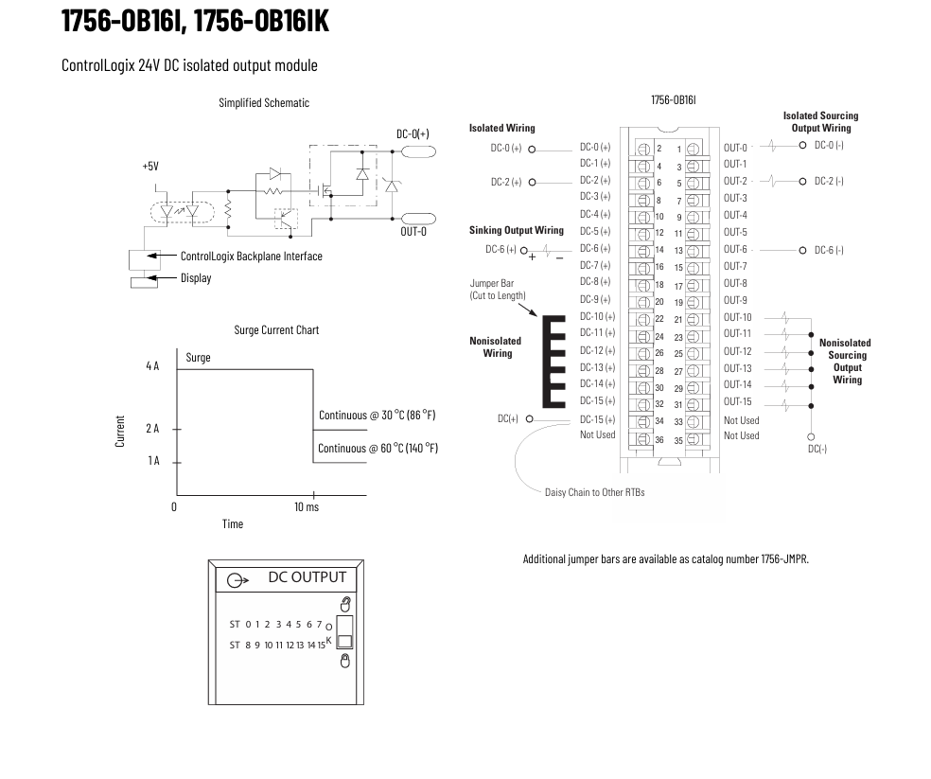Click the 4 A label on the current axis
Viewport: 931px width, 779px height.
tap(152, 366)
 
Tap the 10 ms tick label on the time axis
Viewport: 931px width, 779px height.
tap(307, 506)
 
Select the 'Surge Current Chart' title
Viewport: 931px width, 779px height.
tap(276, 329)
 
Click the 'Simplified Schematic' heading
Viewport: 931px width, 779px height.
tap(264, 103)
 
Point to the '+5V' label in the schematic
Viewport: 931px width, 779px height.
tap(150, 167)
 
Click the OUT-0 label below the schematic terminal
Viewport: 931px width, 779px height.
tap(413, 232)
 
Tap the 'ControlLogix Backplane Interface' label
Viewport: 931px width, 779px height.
tap(251, 257)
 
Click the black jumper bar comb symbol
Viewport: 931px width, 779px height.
tap(553, 362)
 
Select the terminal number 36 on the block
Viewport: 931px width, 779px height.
tap(659, 440)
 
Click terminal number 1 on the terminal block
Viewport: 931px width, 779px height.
tap(679, 150)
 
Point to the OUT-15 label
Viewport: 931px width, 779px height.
tap(737, 401)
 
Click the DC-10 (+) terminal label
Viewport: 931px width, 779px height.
tap(597, 317)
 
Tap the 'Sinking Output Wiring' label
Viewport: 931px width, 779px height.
tap(517, 231)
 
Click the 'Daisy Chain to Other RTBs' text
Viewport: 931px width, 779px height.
tap(594, 492)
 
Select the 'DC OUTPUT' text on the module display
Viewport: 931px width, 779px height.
tap(307, 577)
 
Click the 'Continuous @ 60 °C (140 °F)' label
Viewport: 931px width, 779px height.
tap(378, 449)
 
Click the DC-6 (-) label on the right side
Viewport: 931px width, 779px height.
tap(829, 250)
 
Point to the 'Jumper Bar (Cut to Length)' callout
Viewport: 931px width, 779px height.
tap(498, 290)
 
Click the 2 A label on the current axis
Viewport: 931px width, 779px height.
tap(152, 429)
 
